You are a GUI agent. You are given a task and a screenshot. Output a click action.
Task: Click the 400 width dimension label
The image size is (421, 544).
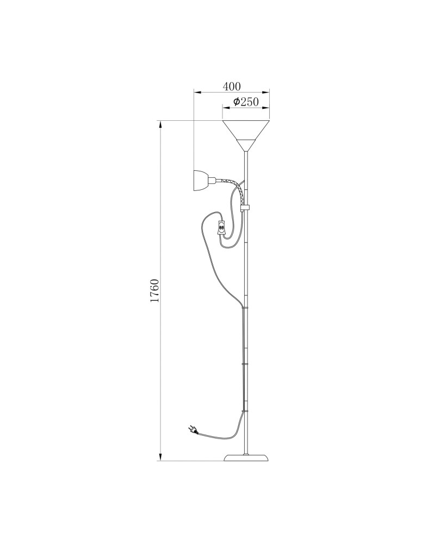(x=231, y=86)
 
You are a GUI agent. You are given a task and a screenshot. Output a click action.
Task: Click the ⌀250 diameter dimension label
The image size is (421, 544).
(x=245, y=102)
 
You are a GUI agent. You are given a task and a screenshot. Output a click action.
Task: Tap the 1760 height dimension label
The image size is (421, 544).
(x=154, y=290)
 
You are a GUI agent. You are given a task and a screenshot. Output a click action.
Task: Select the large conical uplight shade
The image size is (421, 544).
(x=246, y=135)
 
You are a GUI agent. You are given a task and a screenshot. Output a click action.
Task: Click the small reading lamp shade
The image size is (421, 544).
(x=201, y=181)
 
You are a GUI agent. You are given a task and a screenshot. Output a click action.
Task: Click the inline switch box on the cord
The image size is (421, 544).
(x=221, y=228)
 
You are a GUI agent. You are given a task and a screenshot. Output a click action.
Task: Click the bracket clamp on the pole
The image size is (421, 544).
(x=246, y=208)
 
